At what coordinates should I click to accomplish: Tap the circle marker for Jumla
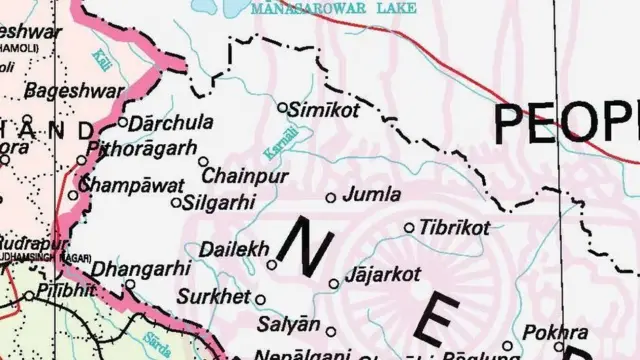(332, 197)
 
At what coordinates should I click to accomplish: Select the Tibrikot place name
(456, 228)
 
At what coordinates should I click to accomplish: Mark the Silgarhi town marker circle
(177, 203)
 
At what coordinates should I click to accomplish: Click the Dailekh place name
(232, 248)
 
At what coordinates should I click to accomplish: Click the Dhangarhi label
(140, 268)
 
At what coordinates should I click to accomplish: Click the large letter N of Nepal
(301, 244)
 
